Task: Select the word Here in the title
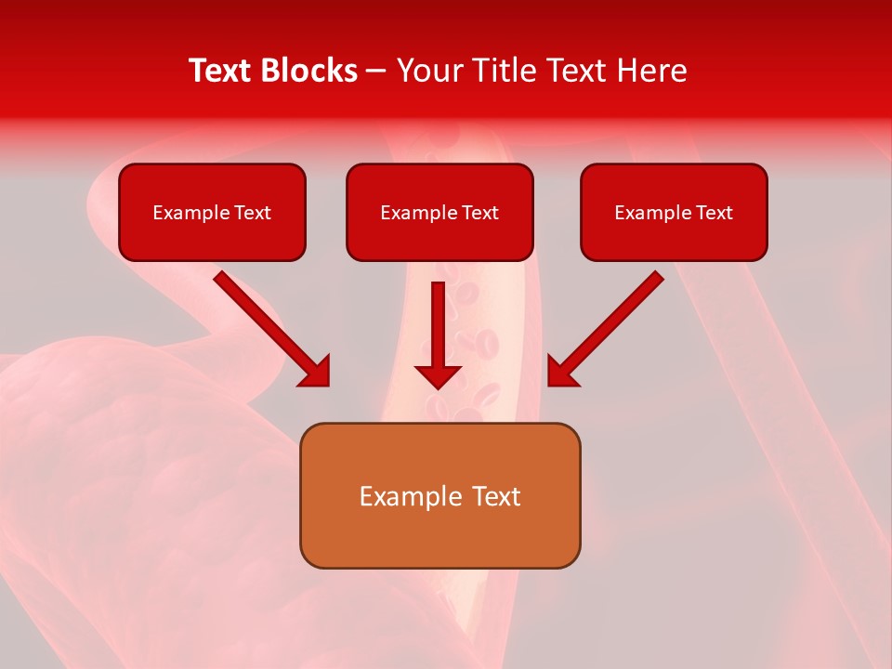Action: pos(650,71)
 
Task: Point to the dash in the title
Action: pos(377,72)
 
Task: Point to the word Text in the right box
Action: pos(714,213)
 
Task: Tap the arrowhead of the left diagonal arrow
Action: pos(315,371)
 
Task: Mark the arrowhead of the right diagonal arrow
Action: pos(562,371)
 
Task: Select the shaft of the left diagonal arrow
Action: pos(260,316)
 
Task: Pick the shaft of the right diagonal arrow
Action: pos(618,316)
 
